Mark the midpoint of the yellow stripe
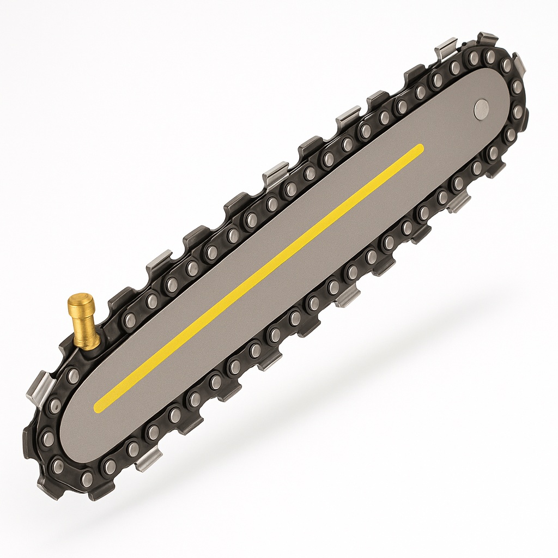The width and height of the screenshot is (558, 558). (x=259, y=277)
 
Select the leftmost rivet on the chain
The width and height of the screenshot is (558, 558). (x=47, y=438)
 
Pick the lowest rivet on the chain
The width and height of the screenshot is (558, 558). (x=86, y=478)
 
